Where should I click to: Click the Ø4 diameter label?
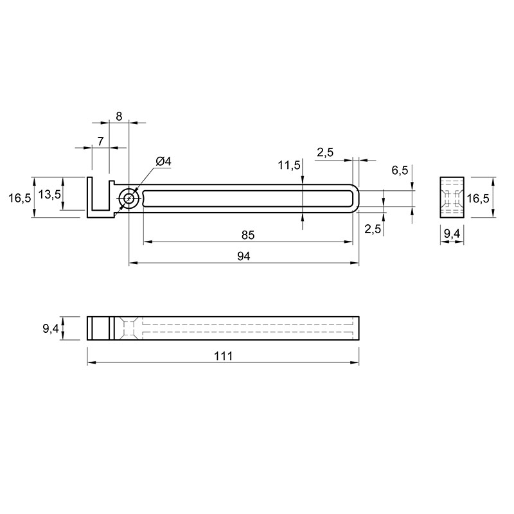[x=164, y=162]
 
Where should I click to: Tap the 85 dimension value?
[x=248, y=235]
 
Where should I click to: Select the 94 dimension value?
[x=244, y=256]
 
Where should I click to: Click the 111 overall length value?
[x=223, y=356]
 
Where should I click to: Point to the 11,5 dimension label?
[x=289, y=165]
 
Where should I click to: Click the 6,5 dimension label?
[x=400, y=170]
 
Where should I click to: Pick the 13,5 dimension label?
[x=49, y=195]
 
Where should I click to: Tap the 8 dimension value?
[x=119, y=116]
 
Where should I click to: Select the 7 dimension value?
[x=101, y=141]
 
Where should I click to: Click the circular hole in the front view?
[x=129, y=199]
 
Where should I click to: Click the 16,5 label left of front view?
[x=20, y=198]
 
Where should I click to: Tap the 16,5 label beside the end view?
[x=478, y=198]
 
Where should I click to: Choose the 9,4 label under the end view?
[x=452, y=234]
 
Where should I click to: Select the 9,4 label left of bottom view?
[x=51, y=328]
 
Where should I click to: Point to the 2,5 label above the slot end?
[x=325, y=152]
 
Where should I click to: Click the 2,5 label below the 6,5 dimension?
[x=373, y=229]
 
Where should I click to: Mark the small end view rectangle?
[x=452, y=197]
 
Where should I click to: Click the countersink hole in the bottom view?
[x=129, y=328]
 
